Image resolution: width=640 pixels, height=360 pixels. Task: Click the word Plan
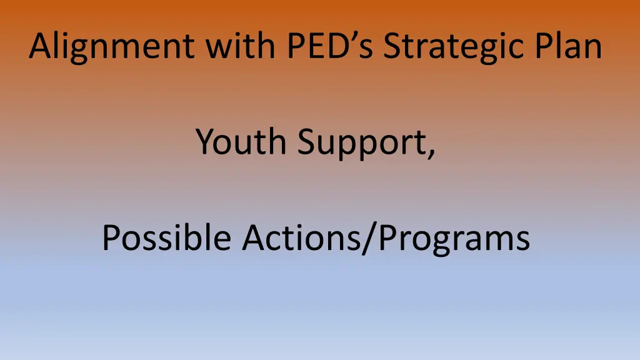575,46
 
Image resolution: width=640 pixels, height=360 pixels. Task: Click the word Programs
451,239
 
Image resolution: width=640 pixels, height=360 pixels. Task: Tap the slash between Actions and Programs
365,238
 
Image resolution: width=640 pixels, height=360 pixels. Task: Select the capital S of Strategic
393,46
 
